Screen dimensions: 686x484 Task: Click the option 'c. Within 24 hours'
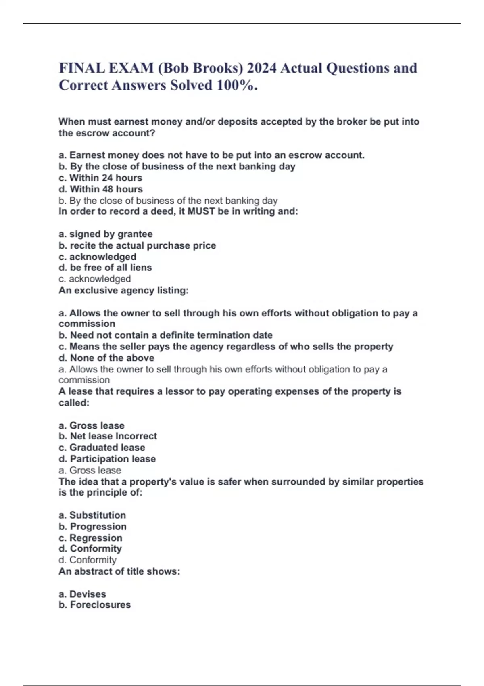[x=100, y=178]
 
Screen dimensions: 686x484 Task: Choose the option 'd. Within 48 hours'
[x=100, y=189]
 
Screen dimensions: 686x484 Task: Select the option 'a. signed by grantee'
[x=106, y=234]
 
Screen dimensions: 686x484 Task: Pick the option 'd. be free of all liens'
[x=105, y=268]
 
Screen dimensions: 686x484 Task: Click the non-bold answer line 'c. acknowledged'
[x=95, y=279]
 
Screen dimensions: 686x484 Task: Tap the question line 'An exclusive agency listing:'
[x=123, y=290]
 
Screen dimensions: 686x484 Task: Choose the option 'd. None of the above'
[x=106, y=358]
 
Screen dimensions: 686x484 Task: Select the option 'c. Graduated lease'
[x=102, y=448]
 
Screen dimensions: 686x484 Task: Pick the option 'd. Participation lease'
[x=107, y=459]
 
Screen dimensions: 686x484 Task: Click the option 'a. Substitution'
[x=92, y=515]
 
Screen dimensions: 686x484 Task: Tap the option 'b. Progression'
[x=93, y=527]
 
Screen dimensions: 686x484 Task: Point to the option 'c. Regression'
[x=90, y=538]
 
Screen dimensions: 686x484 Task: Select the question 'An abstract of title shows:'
[x=119, y=571]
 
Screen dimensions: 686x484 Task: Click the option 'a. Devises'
[x=82, y=594]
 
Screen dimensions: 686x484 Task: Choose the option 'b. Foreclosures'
[x=95, y=605]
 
